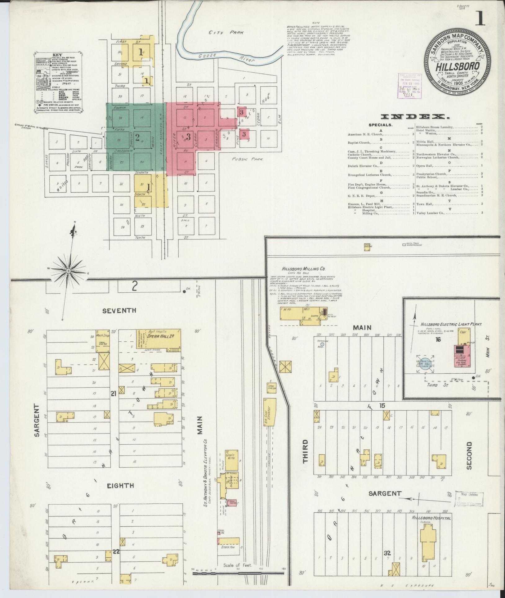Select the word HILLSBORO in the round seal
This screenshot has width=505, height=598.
(458, 66)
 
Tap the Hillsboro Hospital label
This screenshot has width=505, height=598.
(431, 518)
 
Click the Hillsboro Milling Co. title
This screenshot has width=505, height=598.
(299, 269)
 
